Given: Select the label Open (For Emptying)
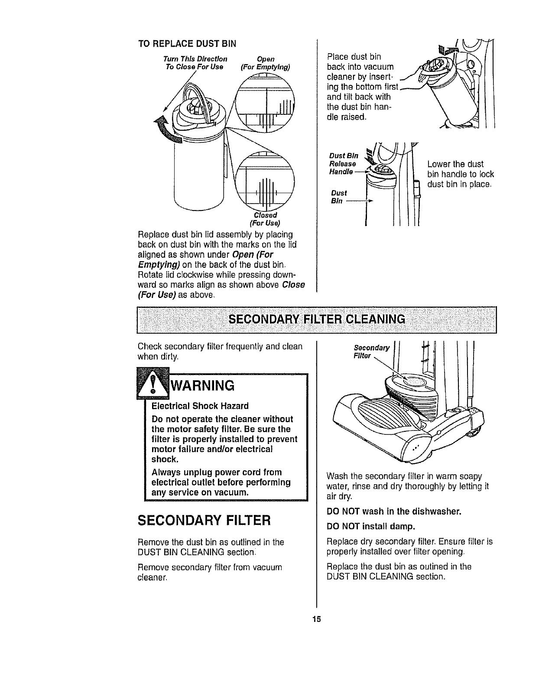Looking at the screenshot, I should [265, 63].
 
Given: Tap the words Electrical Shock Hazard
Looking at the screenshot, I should [200, 406].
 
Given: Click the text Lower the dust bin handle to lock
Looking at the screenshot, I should [460, 175].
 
